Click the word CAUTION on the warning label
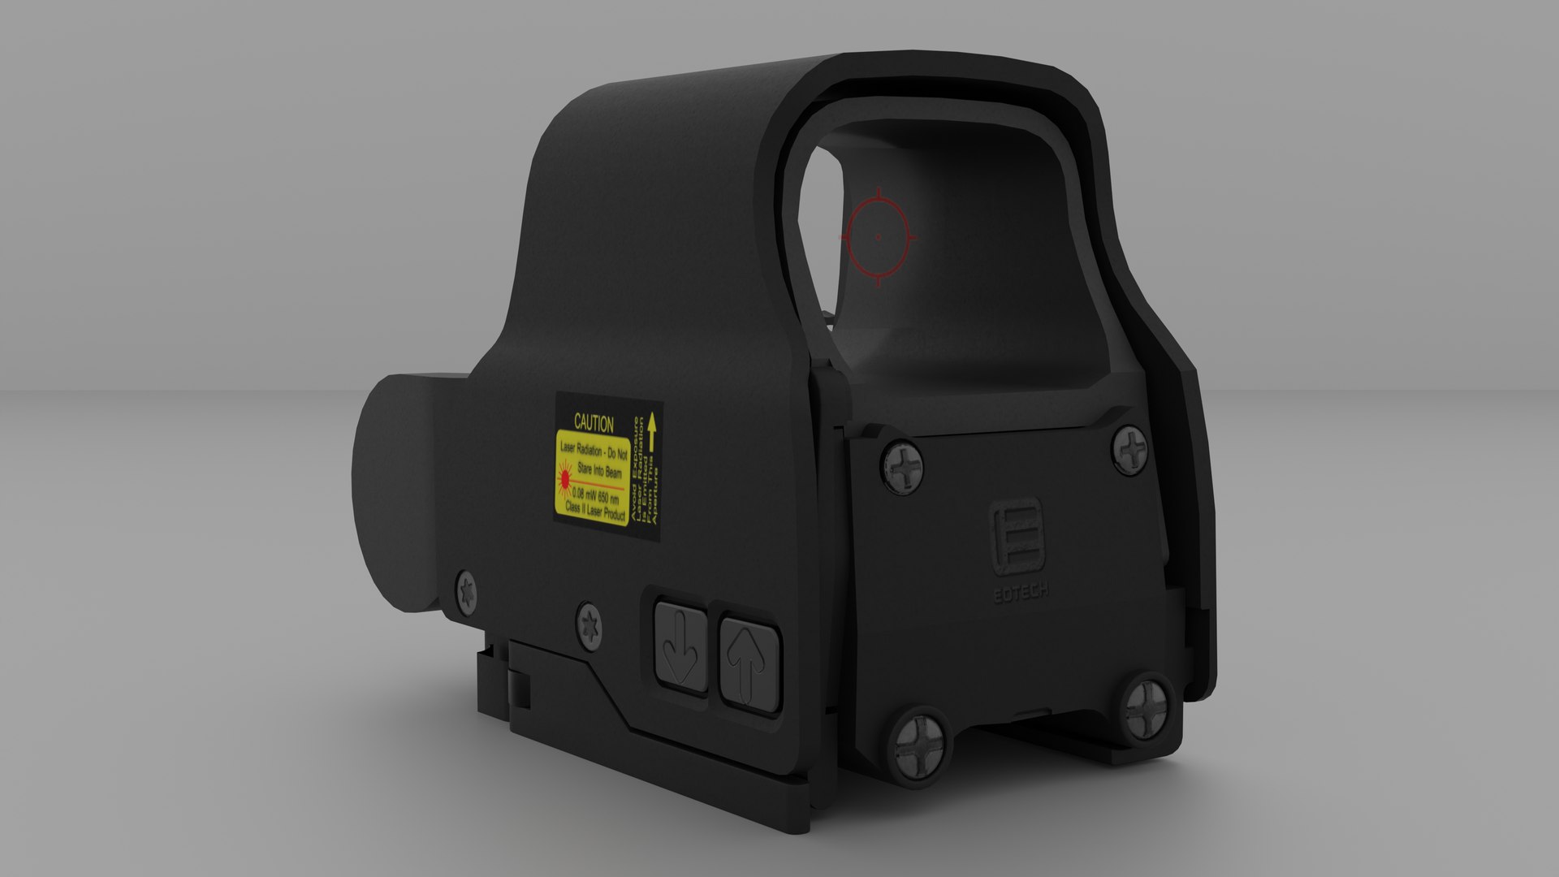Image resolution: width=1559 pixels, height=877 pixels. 594,423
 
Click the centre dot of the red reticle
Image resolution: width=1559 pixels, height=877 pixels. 878,237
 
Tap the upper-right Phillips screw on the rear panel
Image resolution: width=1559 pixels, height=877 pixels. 1131,449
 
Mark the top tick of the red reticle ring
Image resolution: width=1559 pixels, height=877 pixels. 878,195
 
